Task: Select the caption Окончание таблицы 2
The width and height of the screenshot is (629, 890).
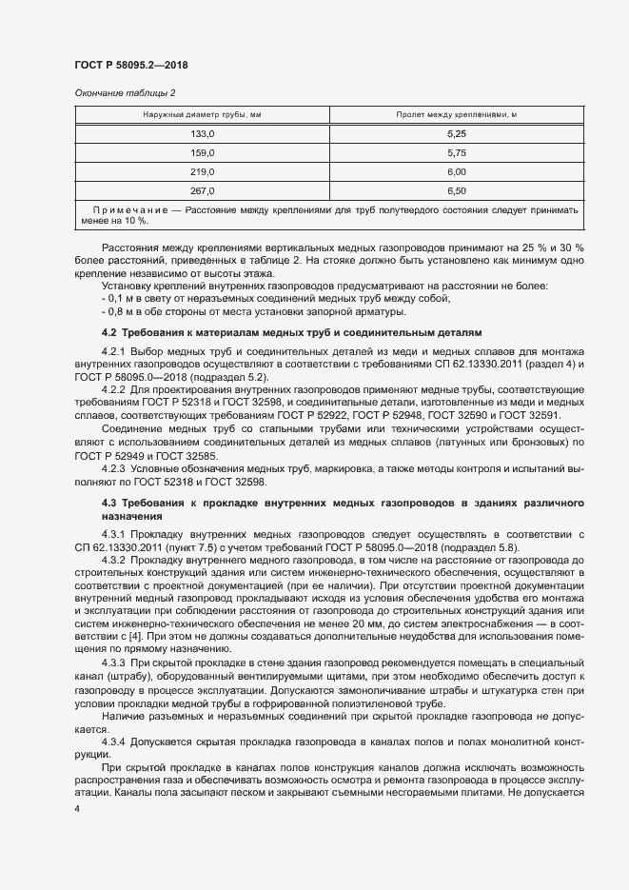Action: pos(125,92)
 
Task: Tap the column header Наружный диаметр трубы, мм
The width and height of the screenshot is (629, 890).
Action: pos(203,115)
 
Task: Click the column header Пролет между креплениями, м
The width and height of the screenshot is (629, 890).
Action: pos(456,115)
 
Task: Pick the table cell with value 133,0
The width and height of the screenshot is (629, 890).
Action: pos(203,134)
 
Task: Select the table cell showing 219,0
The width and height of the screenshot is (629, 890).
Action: pos(203,171)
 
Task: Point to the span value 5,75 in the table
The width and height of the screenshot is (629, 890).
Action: pos(456,152)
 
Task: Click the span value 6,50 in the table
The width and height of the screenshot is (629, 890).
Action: pos(456,190)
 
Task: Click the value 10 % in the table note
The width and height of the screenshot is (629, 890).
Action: pos(134,220)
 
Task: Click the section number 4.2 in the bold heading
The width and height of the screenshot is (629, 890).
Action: pos(108,332)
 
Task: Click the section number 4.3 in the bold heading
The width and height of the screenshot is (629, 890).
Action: pos(108,502)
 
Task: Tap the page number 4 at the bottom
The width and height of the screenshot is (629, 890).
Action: pos(77,807)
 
